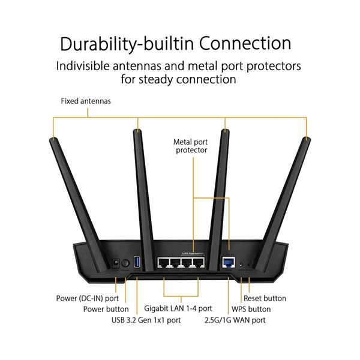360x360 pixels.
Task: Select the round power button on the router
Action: (x=125, y=263)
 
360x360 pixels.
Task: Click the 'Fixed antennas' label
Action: (x=86, y=101)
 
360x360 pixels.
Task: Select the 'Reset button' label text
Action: (x=265, y=298)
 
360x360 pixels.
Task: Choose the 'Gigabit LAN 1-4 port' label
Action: (x=178, y=308)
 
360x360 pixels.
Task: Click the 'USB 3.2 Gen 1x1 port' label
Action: (x=146, y=320)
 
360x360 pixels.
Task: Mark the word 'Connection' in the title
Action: (x=245, y=44)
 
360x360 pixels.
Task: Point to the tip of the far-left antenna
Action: (x=53, y=140)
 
